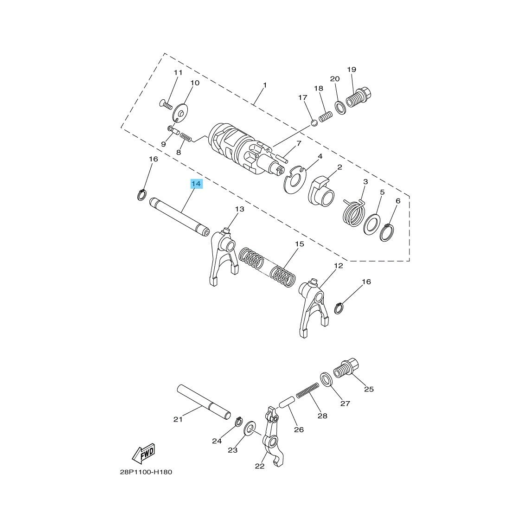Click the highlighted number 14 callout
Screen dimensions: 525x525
pos(196,184)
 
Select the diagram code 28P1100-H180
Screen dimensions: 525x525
pos(146,473)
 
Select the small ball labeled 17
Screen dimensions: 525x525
pos(314,123)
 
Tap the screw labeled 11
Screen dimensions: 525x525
pos(166,104)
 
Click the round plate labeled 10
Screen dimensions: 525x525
pos(180,113)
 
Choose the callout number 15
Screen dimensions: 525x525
pos(299,244)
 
